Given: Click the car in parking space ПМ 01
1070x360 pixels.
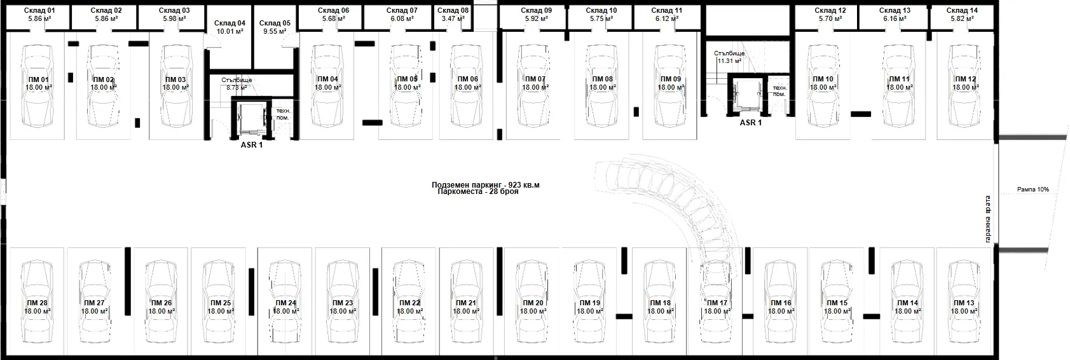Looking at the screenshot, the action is (38, 86).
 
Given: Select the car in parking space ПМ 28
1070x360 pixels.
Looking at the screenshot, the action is (38, 301).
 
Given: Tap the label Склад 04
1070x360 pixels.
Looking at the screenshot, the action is (230, 23).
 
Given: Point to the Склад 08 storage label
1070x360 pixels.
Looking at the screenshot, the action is (453, 10).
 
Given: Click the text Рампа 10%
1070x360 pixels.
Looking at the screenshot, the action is (1032, 190).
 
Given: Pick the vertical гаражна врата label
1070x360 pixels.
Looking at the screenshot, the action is (988, 219).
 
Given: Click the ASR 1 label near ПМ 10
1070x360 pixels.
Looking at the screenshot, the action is (751, 122).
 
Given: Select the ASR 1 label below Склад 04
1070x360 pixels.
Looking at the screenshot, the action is (252, 145).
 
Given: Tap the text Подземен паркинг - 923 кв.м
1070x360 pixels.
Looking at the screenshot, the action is (485, 184).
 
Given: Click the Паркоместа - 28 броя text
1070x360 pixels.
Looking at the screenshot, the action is (477, 191).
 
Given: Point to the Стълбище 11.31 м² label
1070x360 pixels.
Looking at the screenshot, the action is (729, 57).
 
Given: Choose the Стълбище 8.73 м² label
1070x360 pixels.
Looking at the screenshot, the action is (237, 84).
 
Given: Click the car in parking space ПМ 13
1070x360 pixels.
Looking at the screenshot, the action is (964, 301).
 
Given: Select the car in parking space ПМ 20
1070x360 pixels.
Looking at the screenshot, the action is (533, 301).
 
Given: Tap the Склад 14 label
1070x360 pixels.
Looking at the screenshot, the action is (962, 10).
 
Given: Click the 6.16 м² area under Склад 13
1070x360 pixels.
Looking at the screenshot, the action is (895, 18).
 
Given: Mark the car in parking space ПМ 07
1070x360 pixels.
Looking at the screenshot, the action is (535, 86).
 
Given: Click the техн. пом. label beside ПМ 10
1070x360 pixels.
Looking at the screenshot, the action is (779, 91).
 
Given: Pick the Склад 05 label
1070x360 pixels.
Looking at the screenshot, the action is (275, 23).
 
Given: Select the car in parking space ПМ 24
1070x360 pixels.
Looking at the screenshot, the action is (285, 301).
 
